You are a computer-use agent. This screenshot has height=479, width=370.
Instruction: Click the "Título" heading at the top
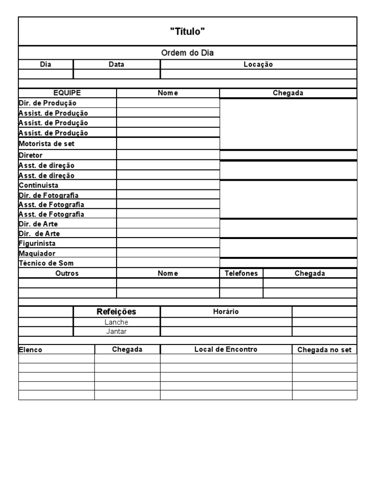pyautogui.click(x=187, y=31)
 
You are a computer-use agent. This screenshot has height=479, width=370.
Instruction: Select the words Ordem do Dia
pyautogui.click(x=187, y=53)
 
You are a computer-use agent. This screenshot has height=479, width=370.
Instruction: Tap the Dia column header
pyautogui.click(x=46, y=65)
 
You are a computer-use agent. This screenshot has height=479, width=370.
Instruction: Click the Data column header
pyautogui.click(x=116, y=65)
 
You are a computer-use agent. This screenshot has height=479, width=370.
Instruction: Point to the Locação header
pyautogui.click(x=258, y=65)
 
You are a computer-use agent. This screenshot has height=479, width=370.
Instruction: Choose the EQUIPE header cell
pyautogui.click(x=67, y=93)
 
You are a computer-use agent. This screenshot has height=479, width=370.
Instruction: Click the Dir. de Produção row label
pyautogui.click(x=47, y=103)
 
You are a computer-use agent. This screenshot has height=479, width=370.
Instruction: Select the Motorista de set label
pyautogui.click(x=47, y=144)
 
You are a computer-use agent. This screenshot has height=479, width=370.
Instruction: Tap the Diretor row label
pyautogui.click(x=31, y=156)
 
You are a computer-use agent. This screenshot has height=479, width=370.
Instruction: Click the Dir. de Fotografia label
pyautogui.click(x=49, y=195)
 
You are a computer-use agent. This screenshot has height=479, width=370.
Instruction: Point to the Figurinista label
pyautogui.click(x=37, y=243)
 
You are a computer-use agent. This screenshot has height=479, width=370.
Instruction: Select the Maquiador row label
pyautogui.click(x=37, y=253)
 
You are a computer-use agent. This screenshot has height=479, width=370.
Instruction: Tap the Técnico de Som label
pyautogui.click(x=46, y=263)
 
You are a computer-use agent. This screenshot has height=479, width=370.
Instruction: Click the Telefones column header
pyautogui.click(x=241, y=273)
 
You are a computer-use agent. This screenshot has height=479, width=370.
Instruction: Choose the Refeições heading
pyautogui.click(x=117, y=312)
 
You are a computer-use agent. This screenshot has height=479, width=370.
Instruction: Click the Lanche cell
pyautogui.click(x=117, y=322)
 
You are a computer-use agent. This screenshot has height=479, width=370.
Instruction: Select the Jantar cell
pyautogui.click(x=117, y=332)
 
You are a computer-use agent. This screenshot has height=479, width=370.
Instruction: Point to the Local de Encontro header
pyautogui.click(x=226, y=349)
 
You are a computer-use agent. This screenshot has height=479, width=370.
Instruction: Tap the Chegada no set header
pyautogui.click(x=325, y=350)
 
